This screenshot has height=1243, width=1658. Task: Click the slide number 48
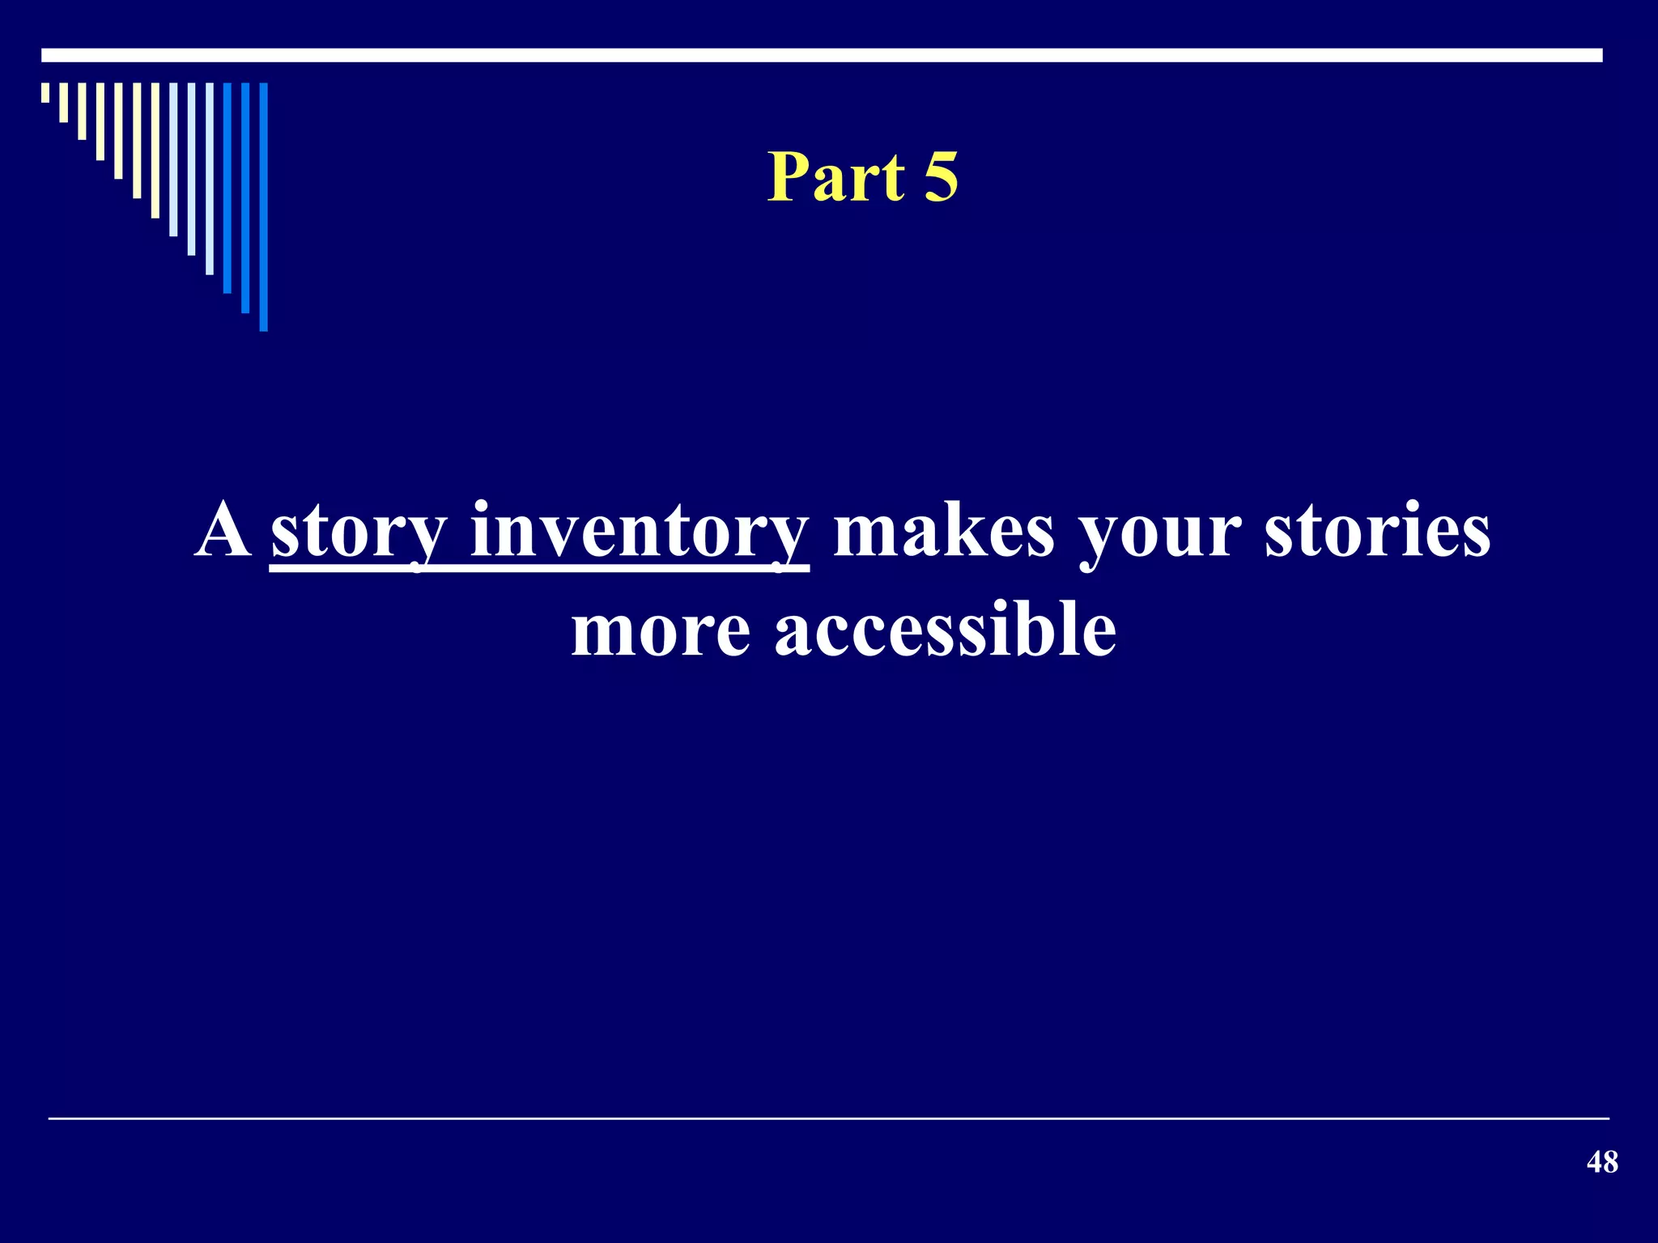[x=1602, y=1162]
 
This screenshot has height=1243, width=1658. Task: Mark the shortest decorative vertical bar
[x=45, y=92]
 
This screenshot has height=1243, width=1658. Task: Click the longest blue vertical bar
[x=263, y=206]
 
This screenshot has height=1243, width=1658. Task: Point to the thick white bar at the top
[x=822, y=55]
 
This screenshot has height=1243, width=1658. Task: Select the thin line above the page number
[x=828, y=1118]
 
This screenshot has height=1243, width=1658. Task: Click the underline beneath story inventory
[x=538, y=570]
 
